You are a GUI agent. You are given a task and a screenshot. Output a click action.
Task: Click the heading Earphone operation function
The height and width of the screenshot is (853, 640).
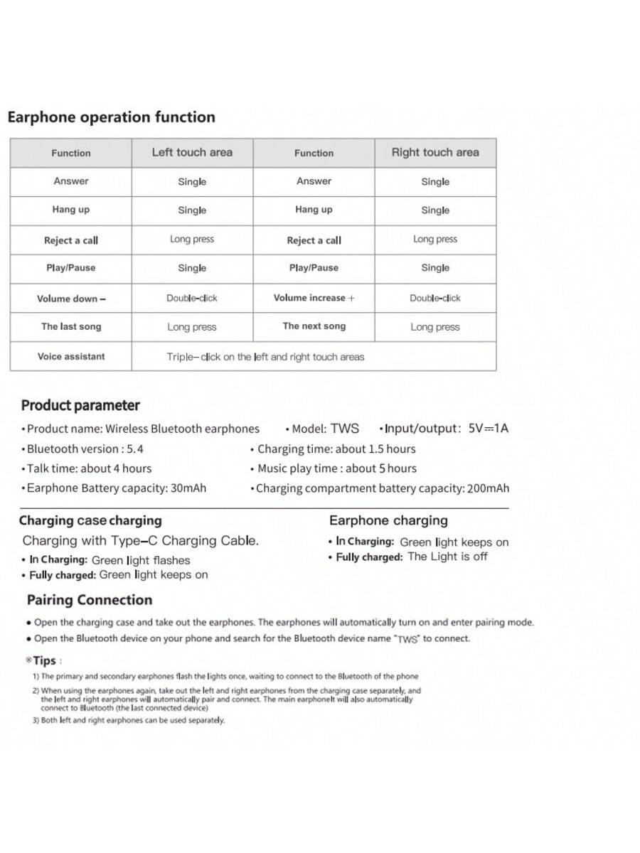click(x=111, y=117)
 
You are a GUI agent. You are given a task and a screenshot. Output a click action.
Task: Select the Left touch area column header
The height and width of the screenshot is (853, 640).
click(x=192, y=152)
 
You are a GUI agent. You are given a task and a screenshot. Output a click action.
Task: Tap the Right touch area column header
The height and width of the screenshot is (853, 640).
click(x=435, y=152)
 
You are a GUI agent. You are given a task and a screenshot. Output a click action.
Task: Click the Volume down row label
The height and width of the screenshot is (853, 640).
click(x=71, y=299)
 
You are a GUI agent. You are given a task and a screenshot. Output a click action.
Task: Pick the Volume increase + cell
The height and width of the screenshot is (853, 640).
click(x=314, y=298)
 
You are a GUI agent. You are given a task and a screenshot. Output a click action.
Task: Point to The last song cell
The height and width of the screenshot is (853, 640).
click(x=71, y=327)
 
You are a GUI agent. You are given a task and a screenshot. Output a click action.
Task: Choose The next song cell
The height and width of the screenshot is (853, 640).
click(x=314, y=326)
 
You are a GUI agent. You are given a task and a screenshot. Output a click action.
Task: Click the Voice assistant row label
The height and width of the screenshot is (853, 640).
click(x=71, y=356)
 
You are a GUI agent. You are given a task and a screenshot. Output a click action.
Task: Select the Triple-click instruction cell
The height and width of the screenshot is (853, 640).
click(x=265, y=357)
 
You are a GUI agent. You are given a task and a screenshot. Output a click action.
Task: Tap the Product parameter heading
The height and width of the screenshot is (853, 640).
click(x=80, y=406)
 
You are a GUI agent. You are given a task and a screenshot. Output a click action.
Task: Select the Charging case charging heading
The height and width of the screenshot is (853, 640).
click(x=90, y=521)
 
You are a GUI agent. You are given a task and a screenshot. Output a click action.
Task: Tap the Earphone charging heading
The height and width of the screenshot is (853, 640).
click(x=388, y=521)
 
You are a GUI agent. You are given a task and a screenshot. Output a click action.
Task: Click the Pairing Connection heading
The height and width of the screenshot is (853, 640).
click(x=90, y=600)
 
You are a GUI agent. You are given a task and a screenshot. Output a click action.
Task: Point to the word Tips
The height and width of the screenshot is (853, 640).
click(x=44, y=660)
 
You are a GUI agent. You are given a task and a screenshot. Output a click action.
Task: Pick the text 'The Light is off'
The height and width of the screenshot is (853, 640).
click(x=447, y=557)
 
